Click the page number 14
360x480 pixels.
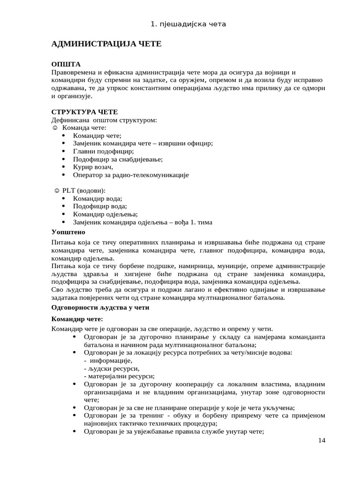pyautogui.click(x=321, y=440)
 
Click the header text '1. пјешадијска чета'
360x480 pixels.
pyautogui.click(x=180, y=24)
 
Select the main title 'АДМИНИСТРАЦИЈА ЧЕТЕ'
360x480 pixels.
pyautogui.click(x=106, y=44)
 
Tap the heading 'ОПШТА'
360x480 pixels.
pyautogui.click(x=66, y=64)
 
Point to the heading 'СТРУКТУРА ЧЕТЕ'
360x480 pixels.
pyautogui.click(x=84, y=112)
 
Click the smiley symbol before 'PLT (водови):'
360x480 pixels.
pyautogui.click(x=57, y=191)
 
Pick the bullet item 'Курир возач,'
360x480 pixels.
pyautogui.click(x=93, y=167)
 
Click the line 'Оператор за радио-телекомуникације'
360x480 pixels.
pyautogui.click(x=130, y=175)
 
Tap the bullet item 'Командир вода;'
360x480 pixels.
pyautogui.click(x=97, y=199)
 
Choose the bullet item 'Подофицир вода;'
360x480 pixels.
pyautogui.click(x=100, y=206)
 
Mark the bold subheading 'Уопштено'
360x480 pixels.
pyautogui.click(x=68, y=232)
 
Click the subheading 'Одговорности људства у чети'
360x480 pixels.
pyautogui.click(x=100, y=307)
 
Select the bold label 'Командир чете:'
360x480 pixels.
pyautogui.click(x=76, y=319)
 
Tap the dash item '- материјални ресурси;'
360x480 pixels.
pyautogui.click(x=119, y=376)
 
